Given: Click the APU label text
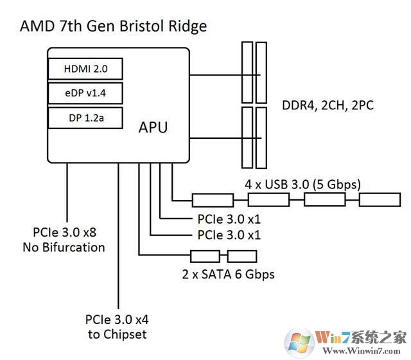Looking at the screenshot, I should [x=153, y=127].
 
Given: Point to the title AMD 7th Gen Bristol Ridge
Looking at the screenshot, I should [x=114, y=26].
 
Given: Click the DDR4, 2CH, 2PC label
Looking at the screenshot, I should [x=328, y=105].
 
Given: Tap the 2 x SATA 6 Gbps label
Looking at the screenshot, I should [x=229, y=274].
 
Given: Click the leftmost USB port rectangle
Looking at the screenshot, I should [x=213, y=200].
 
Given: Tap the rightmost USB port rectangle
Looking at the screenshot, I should [x=379, y=200].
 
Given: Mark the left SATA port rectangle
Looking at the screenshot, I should [x=204, y=256].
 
